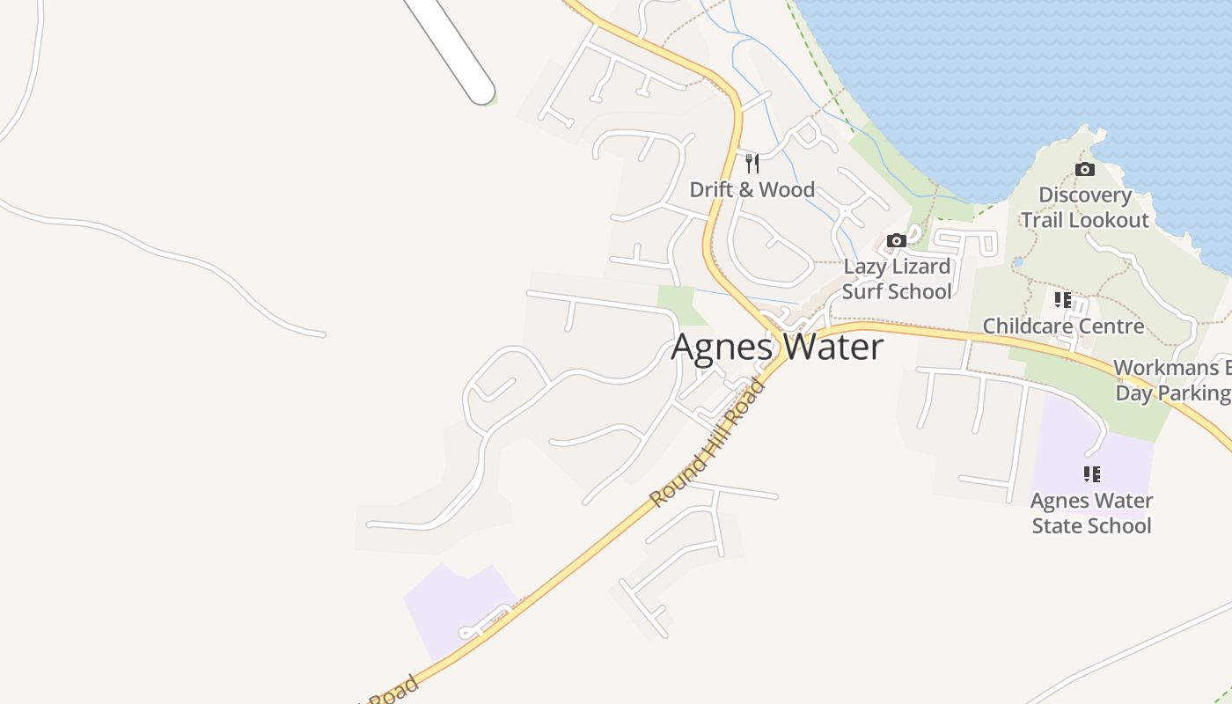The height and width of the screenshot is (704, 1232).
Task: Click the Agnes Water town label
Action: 777,348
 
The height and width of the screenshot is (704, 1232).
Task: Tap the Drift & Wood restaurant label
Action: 752,189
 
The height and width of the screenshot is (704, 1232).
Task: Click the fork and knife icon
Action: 752,163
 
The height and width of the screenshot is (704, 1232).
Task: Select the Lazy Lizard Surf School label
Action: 897,279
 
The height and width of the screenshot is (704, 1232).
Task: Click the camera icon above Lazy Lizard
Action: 896,240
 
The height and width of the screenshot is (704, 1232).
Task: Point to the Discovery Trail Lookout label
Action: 1085,208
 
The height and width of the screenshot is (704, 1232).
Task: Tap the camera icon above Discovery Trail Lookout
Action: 1085,169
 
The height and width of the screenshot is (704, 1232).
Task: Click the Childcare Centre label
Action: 1063,326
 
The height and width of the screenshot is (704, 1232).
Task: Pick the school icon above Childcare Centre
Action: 1063,300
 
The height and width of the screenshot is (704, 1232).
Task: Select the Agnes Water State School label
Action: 1091,513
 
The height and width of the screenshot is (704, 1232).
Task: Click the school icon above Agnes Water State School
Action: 1091,474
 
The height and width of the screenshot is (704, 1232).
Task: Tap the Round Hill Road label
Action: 708,443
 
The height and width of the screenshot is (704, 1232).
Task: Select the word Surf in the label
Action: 862,291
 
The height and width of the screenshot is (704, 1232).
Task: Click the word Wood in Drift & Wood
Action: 787,189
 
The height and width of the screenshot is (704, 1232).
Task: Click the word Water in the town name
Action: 832,348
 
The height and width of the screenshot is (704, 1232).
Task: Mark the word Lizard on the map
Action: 921,267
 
